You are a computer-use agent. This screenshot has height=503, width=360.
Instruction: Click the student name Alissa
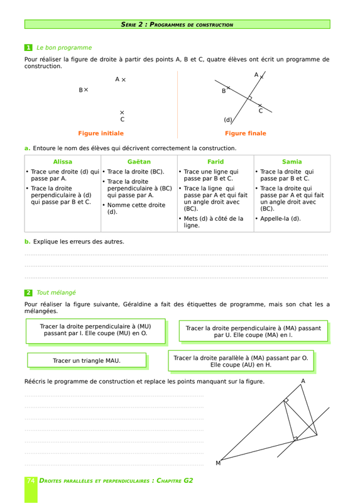tap(62, 162)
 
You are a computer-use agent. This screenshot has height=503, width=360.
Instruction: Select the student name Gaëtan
tap(139, 162)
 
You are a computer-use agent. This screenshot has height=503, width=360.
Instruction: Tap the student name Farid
tap(215, 162)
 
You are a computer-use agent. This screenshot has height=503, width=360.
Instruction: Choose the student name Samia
tap(292, 162)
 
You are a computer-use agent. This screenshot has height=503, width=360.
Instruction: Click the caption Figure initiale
tap(101, 133)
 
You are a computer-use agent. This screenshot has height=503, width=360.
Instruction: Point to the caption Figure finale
tap(246, 133)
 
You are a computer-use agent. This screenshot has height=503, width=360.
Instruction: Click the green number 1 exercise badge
tap(28, 48)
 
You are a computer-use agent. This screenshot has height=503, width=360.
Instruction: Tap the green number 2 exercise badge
tap(28, 292)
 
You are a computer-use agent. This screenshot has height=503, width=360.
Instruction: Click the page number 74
tap(31, 480)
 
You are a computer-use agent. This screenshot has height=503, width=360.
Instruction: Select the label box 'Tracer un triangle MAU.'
tap(87, 360)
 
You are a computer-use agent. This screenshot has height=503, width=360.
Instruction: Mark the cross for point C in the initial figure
tap(122, 113)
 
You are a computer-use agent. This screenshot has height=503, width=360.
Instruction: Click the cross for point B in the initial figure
tap(86, 90)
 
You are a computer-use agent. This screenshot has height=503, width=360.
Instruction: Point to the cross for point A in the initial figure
tap(124, 80)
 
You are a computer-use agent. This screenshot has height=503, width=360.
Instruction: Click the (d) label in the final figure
tap(227, 120)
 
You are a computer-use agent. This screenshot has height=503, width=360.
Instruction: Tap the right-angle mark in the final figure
tap(249, 98)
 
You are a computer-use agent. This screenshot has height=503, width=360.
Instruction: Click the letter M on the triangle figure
tap(218, 463)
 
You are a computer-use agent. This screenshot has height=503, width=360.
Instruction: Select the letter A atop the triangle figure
tap(303, 381)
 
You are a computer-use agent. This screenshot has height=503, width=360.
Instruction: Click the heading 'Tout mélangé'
tap(56, 292)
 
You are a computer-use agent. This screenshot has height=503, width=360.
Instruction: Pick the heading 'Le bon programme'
tap(64, 48)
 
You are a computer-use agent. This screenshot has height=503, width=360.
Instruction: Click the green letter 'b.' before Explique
tap(27, 241)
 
